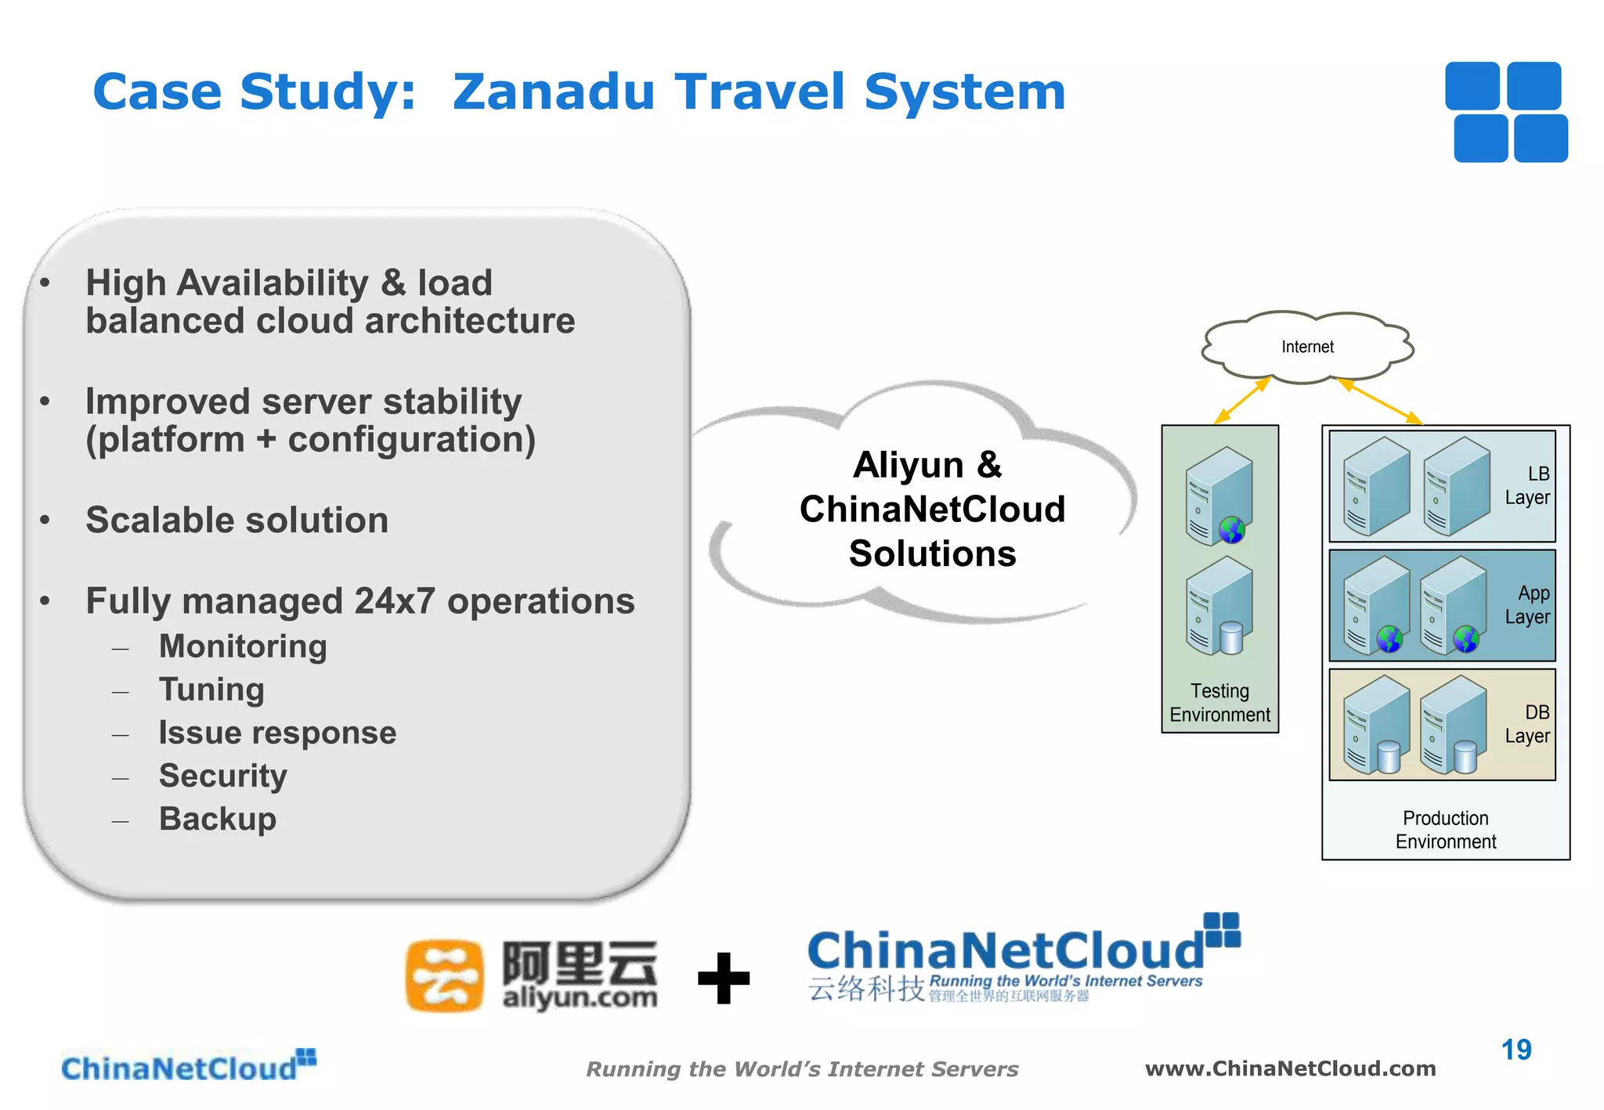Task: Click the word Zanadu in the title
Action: point(553,92)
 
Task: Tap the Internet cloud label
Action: point(1307,347)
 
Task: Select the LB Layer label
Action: point(1527,485)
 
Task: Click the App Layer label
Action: point(1527,605)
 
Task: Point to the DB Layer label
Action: point(1527,724)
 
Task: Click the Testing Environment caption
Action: point(1219,702)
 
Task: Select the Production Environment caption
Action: point(1445,830)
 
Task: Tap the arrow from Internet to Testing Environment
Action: point(1241,402)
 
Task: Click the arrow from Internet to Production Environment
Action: point(1380,402)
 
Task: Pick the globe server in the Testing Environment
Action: point(1219,496)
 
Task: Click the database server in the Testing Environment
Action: point(1219,607)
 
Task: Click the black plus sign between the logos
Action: point(724,978)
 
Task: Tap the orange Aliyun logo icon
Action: point(444,976)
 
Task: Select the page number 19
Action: point(1516,1050)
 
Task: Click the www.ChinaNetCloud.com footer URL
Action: point(1290,1069)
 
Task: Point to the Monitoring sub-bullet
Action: point(243,647)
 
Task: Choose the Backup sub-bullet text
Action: point(218,819)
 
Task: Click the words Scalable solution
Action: point(237,521)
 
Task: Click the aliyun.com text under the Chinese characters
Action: point(580,997)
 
